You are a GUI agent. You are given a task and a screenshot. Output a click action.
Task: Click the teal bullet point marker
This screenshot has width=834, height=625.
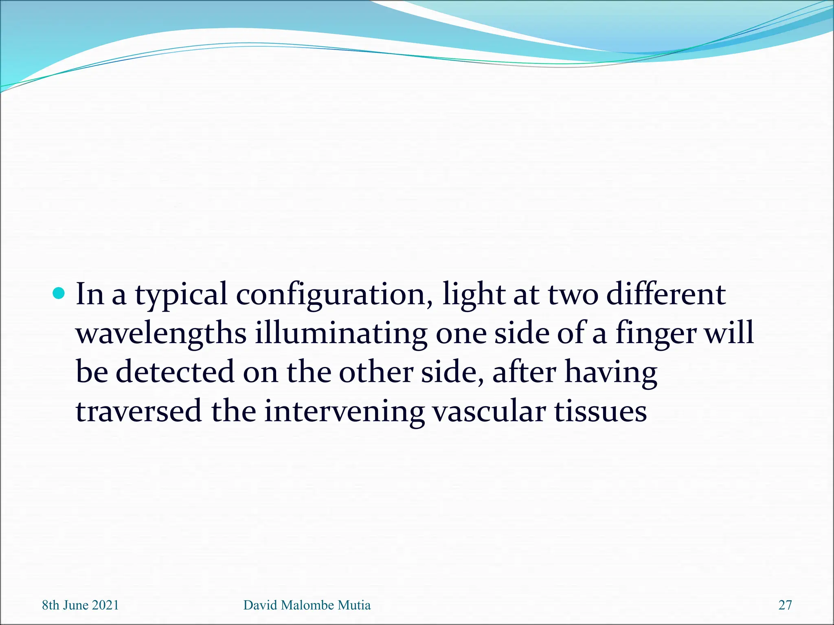59,293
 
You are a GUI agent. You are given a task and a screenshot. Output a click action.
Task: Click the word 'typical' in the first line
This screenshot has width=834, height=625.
181,295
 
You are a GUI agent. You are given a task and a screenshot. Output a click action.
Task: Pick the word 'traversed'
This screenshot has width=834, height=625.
138,411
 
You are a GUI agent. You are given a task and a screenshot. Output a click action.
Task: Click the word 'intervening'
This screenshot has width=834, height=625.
344,411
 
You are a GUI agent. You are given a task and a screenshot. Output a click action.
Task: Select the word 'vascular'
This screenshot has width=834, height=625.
489,411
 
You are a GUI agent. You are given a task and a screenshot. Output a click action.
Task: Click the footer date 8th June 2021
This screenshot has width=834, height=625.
80,605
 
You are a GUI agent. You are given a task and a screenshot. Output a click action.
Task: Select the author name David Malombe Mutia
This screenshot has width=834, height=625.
307,605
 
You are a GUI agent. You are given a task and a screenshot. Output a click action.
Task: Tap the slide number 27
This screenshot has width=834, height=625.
785,605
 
